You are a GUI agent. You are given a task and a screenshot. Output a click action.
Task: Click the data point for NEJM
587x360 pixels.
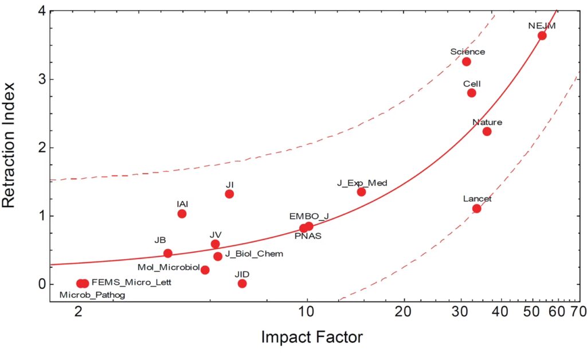pos(542,36)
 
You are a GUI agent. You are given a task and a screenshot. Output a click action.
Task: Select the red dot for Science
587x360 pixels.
pos(466,61)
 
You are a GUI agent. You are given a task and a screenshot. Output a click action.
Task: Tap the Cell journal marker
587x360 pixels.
pos(471,93)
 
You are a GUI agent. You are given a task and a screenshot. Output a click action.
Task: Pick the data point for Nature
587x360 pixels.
pos(487,131)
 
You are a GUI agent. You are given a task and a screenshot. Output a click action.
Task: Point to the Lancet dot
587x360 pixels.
pos(476,208)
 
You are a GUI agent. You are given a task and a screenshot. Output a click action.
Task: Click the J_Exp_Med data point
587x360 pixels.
pos(361,191)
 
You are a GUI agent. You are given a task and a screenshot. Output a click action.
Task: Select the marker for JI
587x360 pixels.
pos(229,194)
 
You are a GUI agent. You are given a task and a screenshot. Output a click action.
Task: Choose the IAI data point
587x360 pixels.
pos(182,214)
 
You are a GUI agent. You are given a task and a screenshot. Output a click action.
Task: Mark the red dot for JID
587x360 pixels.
pos(242,283)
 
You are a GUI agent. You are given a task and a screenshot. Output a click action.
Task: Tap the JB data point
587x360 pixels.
pos(167,253)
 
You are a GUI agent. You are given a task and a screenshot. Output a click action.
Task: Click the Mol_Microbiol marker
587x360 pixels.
pos(205,270)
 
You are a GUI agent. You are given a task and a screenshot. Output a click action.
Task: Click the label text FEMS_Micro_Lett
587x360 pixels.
pos(131,282)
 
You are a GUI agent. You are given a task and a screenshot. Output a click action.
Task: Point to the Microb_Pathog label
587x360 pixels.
pos(92,295)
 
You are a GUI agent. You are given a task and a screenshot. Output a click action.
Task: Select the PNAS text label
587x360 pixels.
pos(308,236)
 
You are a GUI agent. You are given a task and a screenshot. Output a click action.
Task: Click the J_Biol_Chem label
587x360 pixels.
pos(254,253)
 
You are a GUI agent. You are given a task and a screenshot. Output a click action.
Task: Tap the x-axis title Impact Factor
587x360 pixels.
pos(312,337)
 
